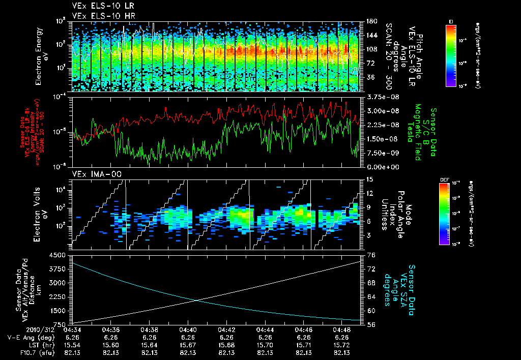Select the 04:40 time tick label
[188, 329]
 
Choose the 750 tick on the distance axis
[62, 324]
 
